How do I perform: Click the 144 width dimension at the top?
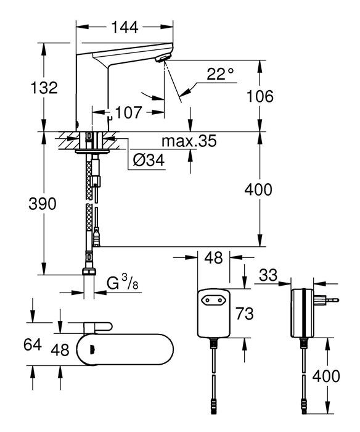[x=125, y=27]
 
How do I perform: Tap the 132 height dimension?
[x=44, y=88]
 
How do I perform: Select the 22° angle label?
[x=220, y=73]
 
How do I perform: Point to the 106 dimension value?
[x=260, y=96]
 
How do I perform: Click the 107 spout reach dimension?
[x=128, y=112]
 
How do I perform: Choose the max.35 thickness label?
[x=189, y=141]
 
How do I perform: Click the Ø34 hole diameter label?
[x=149, y=160]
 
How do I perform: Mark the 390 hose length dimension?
[x=43, y=204]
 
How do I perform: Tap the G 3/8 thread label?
[x=122, y=283]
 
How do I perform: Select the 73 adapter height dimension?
[x=244, y=314]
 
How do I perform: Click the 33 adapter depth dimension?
[x=268, y=275]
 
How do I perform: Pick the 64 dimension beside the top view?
[x=33, y=344]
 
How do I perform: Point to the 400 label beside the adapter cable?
[x=326, y=376]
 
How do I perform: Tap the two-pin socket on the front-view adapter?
[x=213, y=299]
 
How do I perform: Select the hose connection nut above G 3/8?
[x=89, y=272]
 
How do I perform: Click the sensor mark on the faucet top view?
[x=92, y=349]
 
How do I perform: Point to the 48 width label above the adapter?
[x=214, y=257]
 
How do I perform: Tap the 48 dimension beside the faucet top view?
[x=60, y=350]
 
